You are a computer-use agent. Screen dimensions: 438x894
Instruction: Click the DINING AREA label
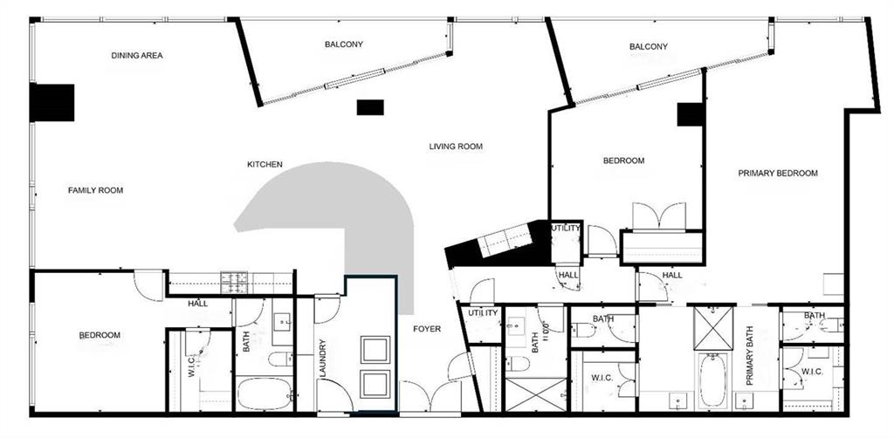[x=136, y=56]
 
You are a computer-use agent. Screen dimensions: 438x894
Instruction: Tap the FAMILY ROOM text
[x=96, y=190]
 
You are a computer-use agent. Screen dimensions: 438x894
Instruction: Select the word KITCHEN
[x=265, y=164]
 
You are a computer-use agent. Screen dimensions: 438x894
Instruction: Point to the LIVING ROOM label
[x=456, y=147]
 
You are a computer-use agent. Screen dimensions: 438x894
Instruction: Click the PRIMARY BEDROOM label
[x=778, y=174]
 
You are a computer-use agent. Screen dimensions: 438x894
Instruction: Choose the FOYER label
[x=427, y=329]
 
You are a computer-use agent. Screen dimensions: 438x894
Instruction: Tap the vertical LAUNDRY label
[x=322, y=359]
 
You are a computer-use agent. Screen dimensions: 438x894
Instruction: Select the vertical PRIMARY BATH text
[x=749, y=356]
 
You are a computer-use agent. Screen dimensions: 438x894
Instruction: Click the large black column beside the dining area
[x=52, y=103]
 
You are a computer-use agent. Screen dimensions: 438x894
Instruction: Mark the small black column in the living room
[x=370, y=107]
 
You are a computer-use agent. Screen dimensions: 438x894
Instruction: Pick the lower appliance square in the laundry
[x=376, y=385]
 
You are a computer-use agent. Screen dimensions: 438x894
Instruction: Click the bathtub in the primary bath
[x=711, y=380]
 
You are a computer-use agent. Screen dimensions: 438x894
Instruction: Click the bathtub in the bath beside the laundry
[x=265, y=393]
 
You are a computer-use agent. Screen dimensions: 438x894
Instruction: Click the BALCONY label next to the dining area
[x=344, y=44]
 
